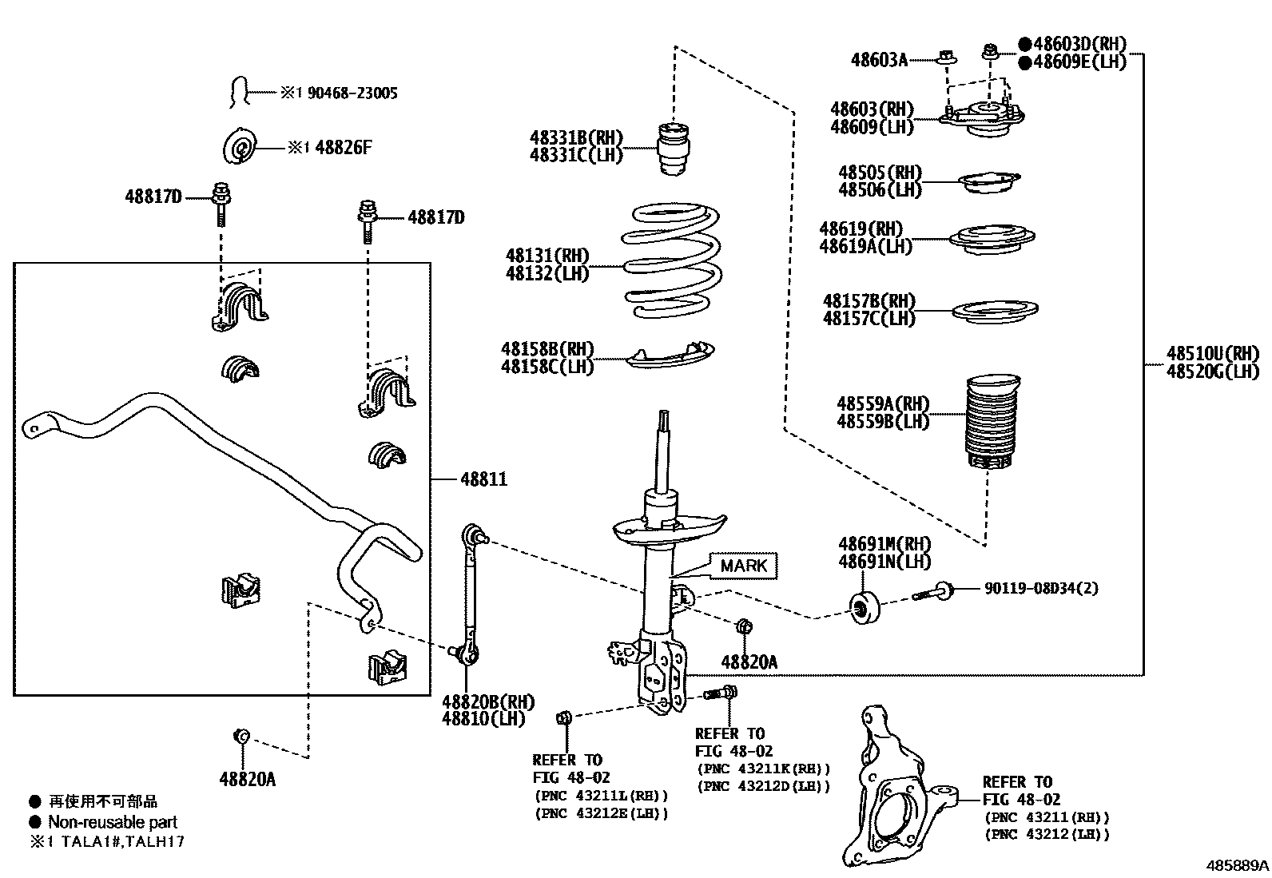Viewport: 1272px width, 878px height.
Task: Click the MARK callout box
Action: pyautogui.click(x=743, y=566)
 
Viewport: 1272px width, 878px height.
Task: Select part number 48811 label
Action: pyautogui.click(x=483, y=479)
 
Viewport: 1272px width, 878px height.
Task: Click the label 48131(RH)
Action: pyautogui.click(x=547, y=256)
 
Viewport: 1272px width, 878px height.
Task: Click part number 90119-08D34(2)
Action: pyautogui.click(x=1040, y=589)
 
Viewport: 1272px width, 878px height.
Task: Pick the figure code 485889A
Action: pyautogui.click(x=1237, y=865)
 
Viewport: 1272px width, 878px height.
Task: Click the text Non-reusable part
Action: pyautogui.click(x=113, y=822)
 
